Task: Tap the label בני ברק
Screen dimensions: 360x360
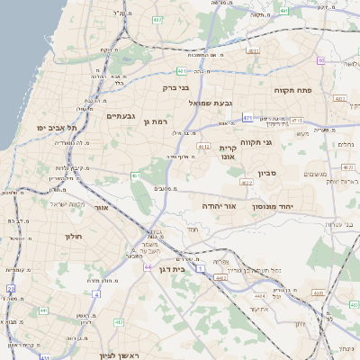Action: (x=179, y=88)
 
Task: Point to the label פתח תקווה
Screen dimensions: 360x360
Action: (x=292, y=90)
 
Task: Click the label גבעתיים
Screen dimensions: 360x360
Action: (x=121, y=116)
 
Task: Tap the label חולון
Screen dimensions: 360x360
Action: (x=73, y=236)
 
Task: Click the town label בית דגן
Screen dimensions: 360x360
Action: (x=183, y=267)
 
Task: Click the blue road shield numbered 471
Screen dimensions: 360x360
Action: (x=247, y=117)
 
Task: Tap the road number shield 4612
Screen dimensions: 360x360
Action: (x=204, y=146)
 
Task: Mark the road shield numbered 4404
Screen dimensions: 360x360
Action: (x=235, y=291)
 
